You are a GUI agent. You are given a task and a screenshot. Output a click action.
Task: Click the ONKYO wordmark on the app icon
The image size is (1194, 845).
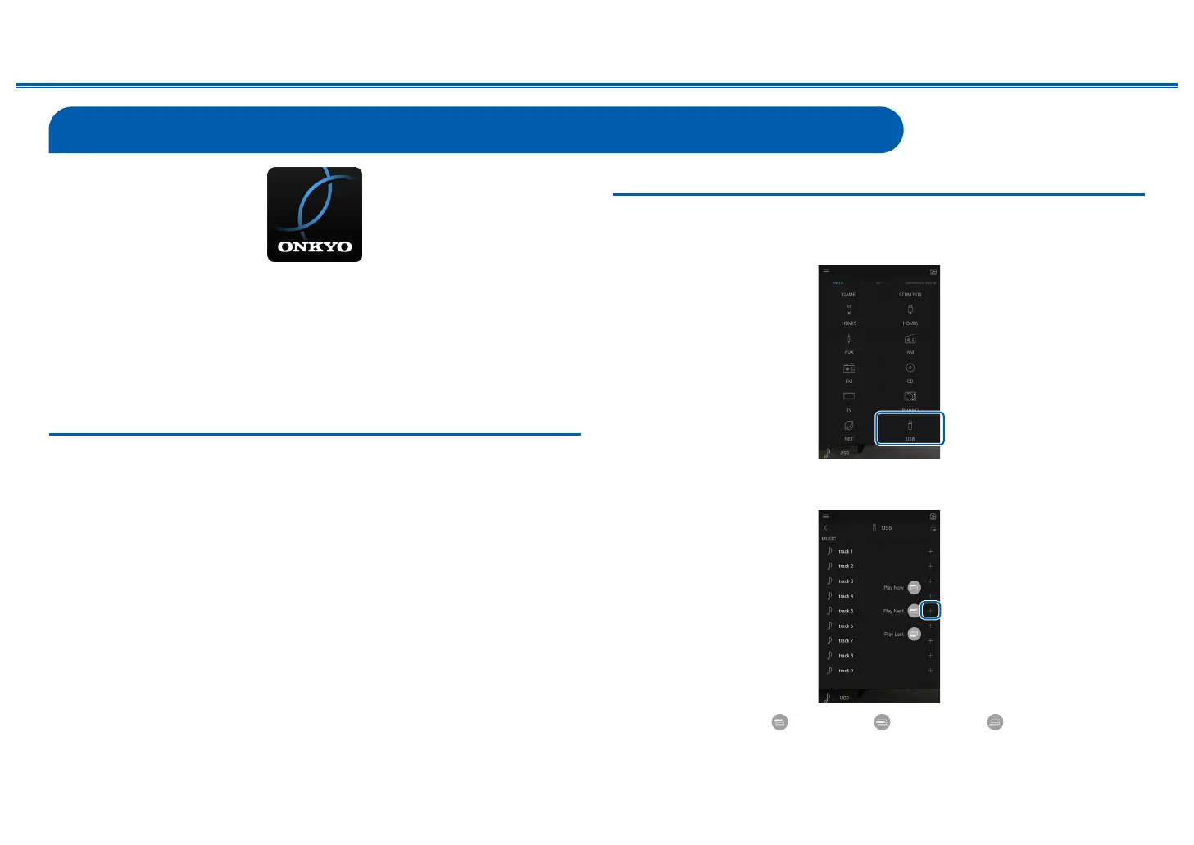[315, 246]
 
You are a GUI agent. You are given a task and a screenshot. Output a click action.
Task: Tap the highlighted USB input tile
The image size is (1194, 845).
[910, 429]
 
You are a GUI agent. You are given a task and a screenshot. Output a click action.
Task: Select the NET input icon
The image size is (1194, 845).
[849, 426]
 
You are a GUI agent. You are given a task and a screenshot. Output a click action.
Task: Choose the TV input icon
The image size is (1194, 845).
[849, 396]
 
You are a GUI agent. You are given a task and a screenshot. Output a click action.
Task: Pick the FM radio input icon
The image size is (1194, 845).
[849, 368]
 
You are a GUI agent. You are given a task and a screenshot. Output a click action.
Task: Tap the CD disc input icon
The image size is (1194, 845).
[910, 368]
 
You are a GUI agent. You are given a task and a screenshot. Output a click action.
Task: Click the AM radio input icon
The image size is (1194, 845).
[910, 339]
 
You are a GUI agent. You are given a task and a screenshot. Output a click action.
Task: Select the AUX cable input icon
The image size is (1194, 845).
[849, 339]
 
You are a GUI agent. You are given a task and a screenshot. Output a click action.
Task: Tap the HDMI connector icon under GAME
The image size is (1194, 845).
[849, 310]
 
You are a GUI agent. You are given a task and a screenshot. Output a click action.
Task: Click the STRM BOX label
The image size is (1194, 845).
[910, 295]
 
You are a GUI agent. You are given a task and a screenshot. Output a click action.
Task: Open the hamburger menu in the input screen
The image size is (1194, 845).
[826, 271]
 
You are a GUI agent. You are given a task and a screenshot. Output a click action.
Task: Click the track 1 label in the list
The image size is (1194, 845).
[846, 552]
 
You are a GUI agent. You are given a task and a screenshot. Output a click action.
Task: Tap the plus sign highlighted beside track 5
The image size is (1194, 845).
[930, 610]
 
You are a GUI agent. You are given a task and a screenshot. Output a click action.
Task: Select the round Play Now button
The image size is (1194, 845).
[915, 587]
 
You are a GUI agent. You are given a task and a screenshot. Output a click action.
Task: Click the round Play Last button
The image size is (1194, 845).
[915, 634]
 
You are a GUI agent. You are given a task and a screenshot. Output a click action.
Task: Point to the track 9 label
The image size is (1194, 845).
[846, 671]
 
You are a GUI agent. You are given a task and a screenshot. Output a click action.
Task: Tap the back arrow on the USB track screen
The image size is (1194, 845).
[826, 527]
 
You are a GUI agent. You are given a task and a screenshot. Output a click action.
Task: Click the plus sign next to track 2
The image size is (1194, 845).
[930, 567]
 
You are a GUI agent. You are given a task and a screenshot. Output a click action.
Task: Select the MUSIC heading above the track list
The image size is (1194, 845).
[829, 539]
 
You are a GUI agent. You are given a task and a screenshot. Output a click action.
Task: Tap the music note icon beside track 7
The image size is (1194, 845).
[829, 640]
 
